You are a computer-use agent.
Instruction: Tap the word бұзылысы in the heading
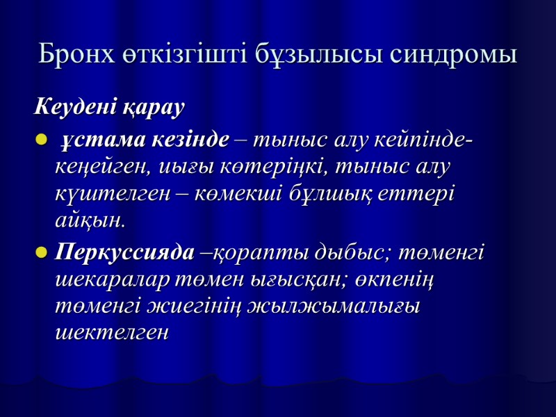click(323, 55)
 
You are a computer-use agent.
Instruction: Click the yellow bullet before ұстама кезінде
click(39, 142)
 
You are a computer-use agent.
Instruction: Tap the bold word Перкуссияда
click(125, 252)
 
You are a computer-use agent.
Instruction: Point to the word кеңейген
click(97, 168)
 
